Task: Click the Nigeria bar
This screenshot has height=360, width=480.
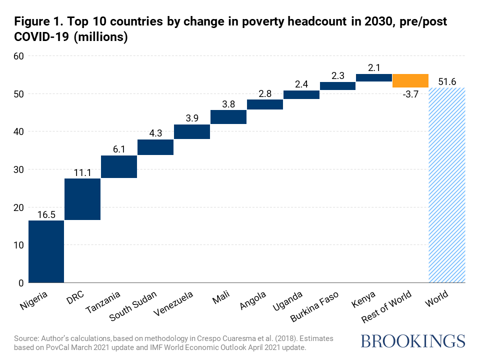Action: (46, 251)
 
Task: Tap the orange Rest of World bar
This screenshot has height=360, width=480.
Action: (410, 80)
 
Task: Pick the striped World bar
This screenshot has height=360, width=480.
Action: (447, 185)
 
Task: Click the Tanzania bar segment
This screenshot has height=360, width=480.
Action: (119, 166)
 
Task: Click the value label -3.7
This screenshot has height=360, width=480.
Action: (410, 94)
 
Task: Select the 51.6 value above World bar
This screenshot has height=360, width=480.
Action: (447, 81)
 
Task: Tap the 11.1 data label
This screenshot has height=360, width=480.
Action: (82, 172)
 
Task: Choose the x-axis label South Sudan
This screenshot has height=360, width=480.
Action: (133, 305)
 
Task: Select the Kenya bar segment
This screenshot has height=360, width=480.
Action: (374, 77)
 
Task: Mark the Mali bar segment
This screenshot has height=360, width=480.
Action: (228, 116)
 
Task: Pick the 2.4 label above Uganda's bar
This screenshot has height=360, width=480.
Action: (301, 83)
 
